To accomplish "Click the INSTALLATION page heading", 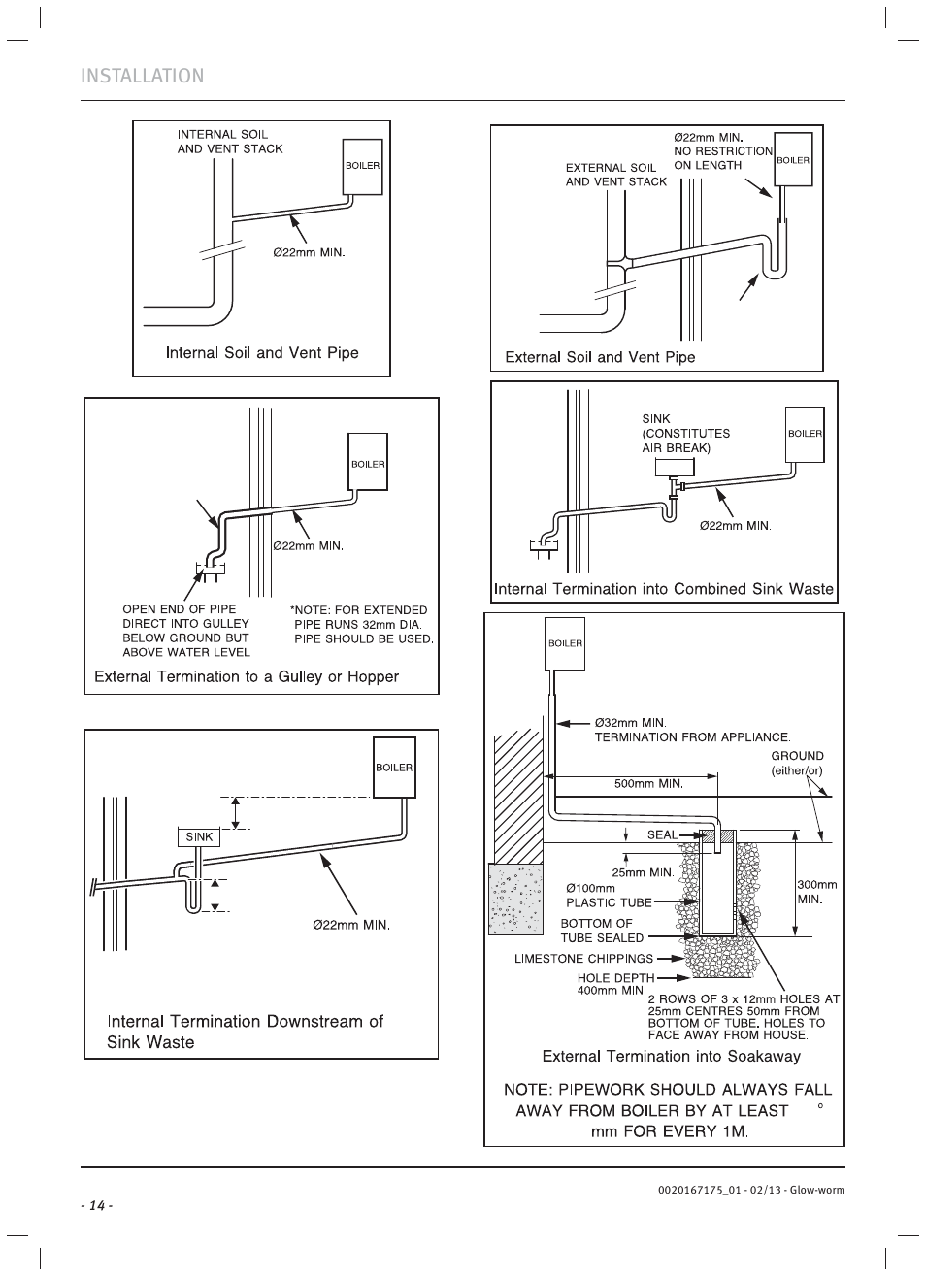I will point(143,76).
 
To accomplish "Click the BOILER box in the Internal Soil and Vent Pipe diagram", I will point(362,166).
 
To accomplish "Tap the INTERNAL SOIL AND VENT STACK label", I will point(230,142).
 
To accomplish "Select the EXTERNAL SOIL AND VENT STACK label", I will point(616,175).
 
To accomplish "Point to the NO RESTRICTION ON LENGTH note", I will point(722,158).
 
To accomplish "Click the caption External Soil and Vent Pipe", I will point(600,357).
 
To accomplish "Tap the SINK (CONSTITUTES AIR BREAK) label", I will point(685,434).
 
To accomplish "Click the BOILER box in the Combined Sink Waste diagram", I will point(805,434).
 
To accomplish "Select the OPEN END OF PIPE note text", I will point(186,631).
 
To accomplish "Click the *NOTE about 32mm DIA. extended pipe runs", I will point(362,624).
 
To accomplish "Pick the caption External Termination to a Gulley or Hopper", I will point(247,676).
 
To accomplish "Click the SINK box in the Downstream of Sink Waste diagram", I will point(199,836).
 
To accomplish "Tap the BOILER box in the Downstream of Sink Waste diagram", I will point(394,768).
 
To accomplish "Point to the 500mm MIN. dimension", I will point(648,783).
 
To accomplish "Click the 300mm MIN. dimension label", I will point(816,892).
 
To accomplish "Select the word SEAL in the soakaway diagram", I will point(663,834).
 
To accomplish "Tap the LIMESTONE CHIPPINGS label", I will point(583,959).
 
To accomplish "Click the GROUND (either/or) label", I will point(797,763).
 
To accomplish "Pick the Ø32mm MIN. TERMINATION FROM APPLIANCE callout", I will point(692,730).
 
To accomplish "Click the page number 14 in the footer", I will point(97,1206).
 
